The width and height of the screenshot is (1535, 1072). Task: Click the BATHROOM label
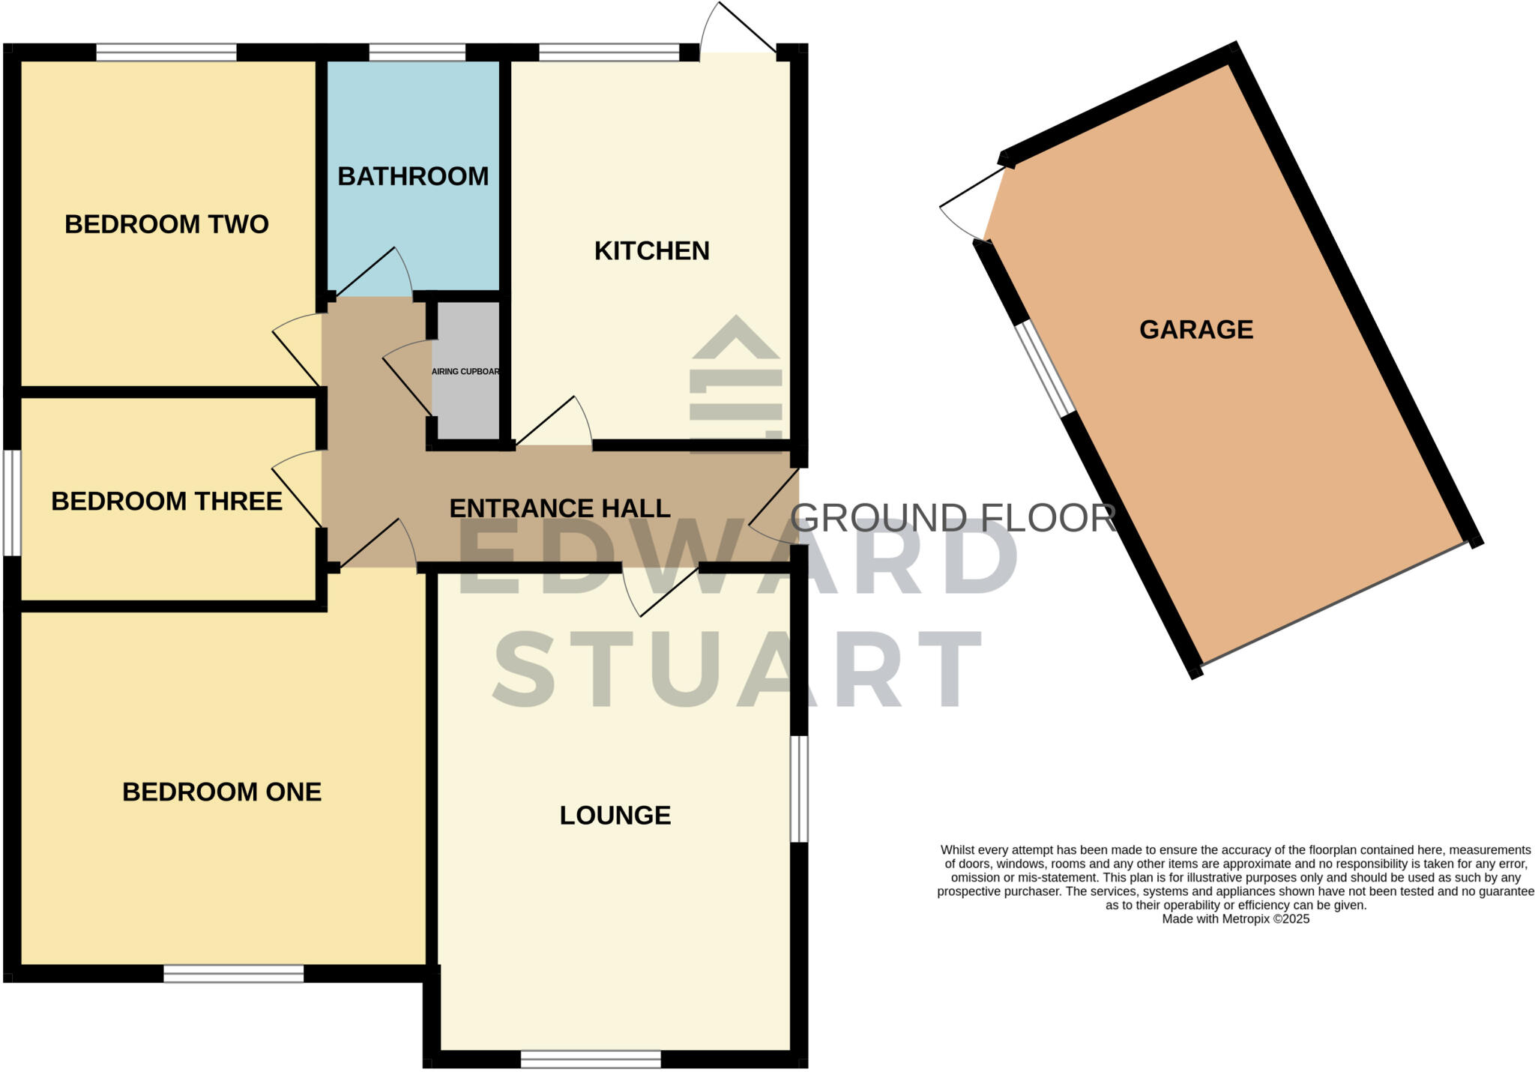413,176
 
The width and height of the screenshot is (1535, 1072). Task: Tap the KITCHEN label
651,250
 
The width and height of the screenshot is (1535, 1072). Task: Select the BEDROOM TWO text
166,224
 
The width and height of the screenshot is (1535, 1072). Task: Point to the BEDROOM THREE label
166,501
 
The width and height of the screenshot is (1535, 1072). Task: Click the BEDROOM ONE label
222,792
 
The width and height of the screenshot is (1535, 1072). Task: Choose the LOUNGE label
615,815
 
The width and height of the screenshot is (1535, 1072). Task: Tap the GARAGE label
1196,329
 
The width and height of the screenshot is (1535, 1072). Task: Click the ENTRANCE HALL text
559,508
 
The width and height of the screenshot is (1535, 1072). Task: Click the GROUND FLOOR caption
953,518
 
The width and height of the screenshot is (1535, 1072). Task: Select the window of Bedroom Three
12,502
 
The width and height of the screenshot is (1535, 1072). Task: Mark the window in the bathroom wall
417,52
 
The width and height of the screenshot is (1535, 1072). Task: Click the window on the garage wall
1046,368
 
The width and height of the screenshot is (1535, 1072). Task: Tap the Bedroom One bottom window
234,973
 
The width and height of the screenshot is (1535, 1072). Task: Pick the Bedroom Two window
166,52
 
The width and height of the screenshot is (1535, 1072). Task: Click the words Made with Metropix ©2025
1235,919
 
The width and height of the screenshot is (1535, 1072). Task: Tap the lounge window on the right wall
800,789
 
